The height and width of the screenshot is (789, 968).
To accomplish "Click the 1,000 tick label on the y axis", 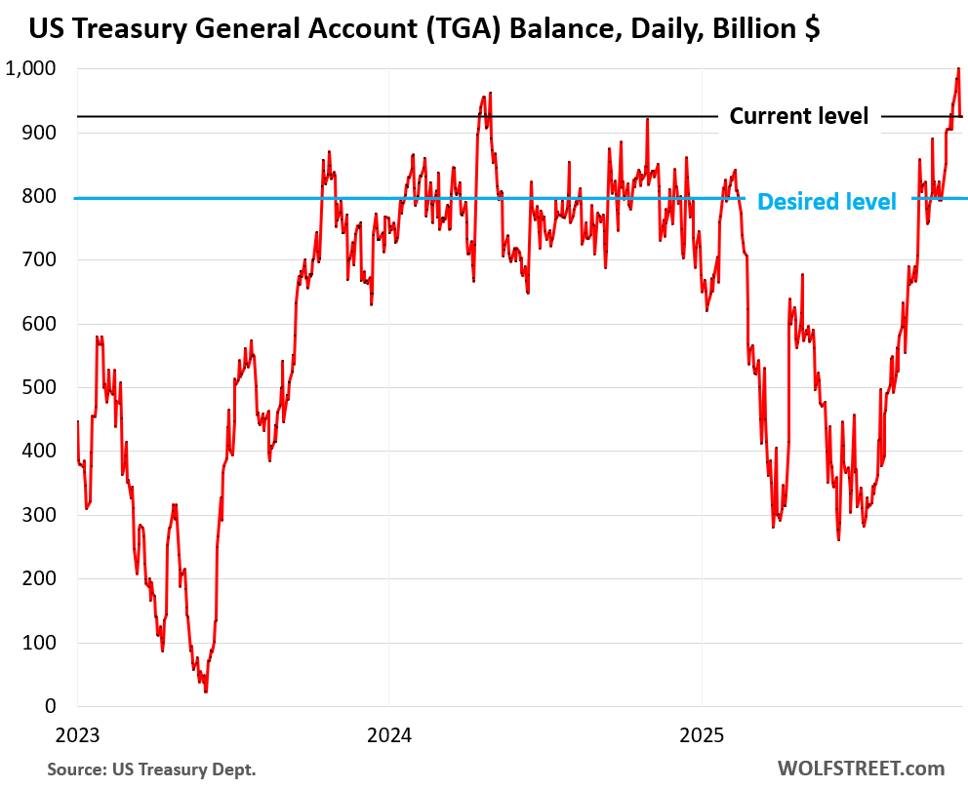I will click(x=30, y=68).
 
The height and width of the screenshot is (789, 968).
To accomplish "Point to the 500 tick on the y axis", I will click(x=41, y=387).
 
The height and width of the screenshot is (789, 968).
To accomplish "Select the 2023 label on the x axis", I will click(x=76, y=732).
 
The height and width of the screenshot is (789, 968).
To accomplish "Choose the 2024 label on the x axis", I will click(x=388, y=732).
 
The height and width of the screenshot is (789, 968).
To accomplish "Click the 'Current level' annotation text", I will click(x=798, y=116).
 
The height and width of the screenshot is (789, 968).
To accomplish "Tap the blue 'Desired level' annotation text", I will click(x=827, y=201).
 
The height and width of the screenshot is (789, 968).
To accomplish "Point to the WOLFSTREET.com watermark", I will click(x=861, y=769).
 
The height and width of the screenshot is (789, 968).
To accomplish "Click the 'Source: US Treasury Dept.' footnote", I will click(x=152, y=769).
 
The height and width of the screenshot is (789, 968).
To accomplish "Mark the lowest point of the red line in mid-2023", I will click(x=205, y=691).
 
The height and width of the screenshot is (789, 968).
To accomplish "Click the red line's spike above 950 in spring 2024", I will click(x=490, y=93).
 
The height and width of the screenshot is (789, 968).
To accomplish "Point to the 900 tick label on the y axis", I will click(x=41, y=132).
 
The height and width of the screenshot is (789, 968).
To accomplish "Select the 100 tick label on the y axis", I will click(x=41, y=643).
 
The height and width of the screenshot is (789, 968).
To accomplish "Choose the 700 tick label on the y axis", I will click(x=41, y=259).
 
